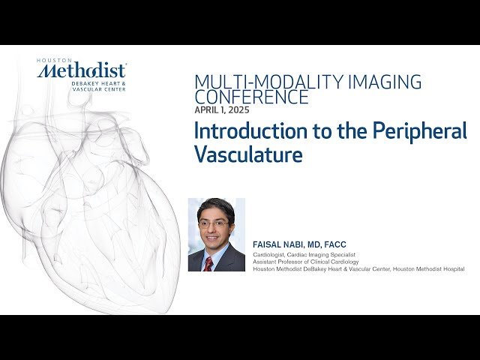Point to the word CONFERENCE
[251, 97]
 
